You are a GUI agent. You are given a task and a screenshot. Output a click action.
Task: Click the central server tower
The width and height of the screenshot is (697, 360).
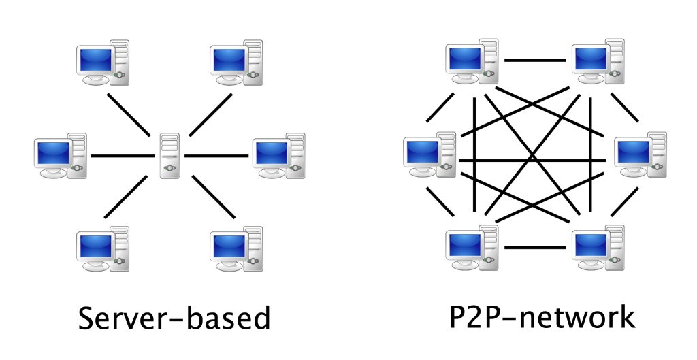coord(169,155)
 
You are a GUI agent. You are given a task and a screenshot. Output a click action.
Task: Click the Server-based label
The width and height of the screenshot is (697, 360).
coord(174,318)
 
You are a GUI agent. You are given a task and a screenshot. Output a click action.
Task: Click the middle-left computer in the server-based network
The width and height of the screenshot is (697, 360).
coord(60,157)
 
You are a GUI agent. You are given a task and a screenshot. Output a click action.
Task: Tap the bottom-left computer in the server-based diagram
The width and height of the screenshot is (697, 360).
coord(102,249)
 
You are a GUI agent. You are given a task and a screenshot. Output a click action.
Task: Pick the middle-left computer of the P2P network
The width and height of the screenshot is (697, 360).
coord(429,157)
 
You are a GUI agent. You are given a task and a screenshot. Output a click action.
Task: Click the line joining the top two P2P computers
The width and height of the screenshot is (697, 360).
coord(535,61)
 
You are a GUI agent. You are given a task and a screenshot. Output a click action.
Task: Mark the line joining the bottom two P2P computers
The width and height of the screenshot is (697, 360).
coord(535,247)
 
